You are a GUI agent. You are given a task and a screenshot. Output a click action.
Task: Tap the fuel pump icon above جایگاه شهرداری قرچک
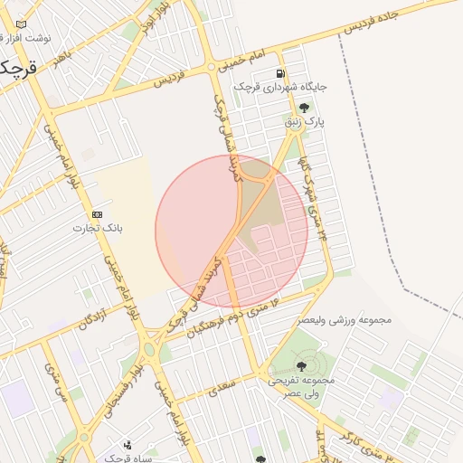pyautogui.click(x=280, y=73)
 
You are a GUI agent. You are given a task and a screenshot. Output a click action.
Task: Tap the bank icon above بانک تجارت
pyautogui.click(x=97, y=214)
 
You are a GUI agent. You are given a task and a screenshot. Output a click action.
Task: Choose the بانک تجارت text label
pyautogui.click(x=97, y=228)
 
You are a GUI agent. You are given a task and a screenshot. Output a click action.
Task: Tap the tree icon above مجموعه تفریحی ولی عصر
pyautogui.click(x=301, y=366)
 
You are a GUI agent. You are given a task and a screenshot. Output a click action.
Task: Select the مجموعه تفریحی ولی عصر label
pyautogui.click(x=301, y=386)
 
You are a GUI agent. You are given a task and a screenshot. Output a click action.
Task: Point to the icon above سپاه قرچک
pyautogui.click(x=128, y=444)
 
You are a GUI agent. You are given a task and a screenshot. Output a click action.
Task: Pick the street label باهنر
pyautogui.click(x=62, y=56)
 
